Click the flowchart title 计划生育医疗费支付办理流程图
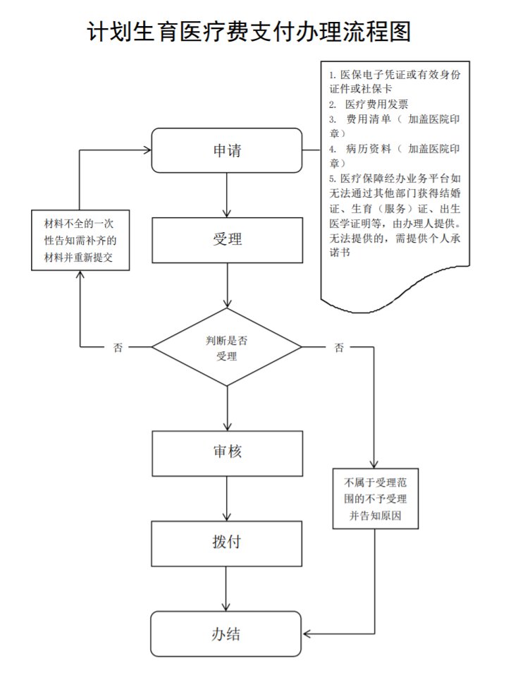pos(249,32)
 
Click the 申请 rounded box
pos(226,150)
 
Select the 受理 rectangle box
pos(226,240)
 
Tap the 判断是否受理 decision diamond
pos(226,347)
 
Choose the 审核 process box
pos(226,451)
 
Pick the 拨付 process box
pos(226,542)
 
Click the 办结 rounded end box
pos(226,633)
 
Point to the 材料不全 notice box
pos(81,241)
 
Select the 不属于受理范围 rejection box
pos(375,499)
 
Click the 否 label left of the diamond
pos(118,348)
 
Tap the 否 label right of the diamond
pos(339,348)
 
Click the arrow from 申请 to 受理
pos(226,195)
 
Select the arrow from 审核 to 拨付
pos(226,498)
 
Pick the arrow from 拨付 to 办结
pos(226,588)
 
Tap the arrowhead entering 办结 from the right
pos(306,633)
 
